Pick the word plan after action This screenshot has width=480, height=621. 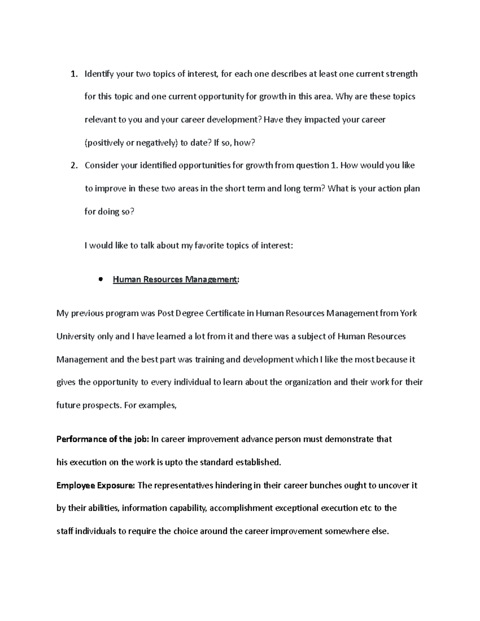(x=411, y=188)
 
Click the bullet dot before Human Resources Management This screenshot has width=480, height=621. (x=100, y=280)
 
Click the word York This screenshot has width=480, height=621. (x=408, y=313)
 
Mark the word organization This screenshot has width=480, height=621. (x=308, y=382)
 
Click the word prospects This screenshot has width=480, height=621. (x=101, y=405)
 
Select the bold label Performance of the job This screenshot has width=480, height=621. (x=103, y=439)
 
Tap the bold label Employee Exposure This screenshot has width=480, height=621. (x=96, y=485)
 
